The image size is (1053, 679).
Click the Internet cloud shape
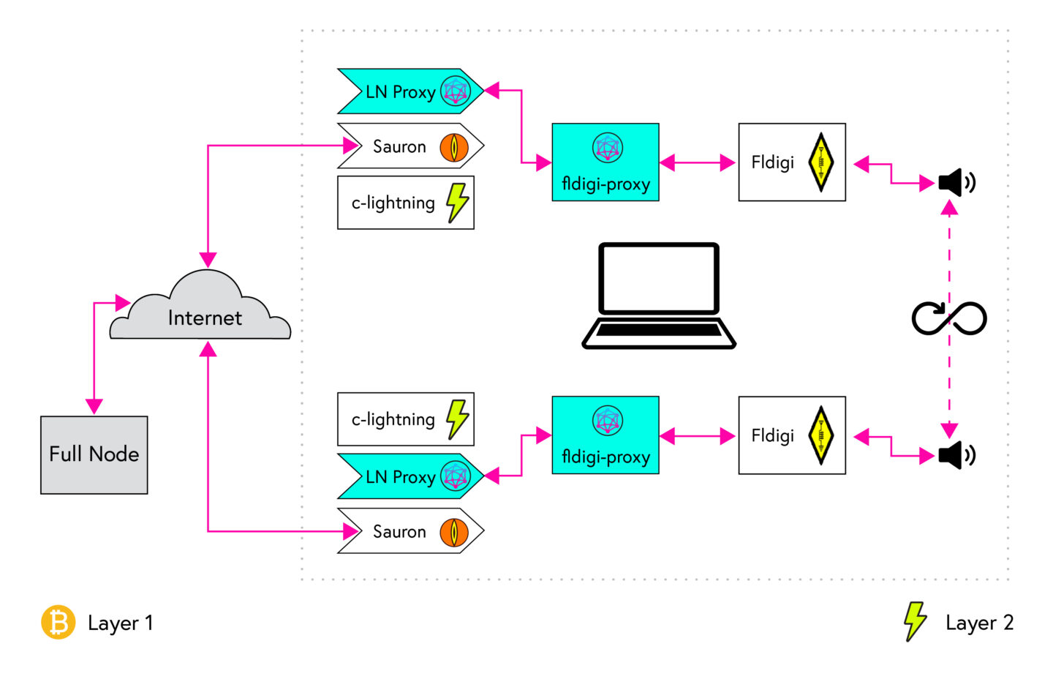coord(200,311)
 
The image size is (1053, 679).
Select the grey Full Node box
coord(94,454)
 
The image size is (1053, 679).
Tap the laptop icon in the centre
coord(659,296)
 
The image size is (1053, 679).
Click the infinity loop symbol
coord(949,318)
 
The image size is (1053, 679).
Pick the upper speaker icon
coord(956,182)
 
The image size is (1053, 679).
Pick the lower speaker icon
coord(956,455)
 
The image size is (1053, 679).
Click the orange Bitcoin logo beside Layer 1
coord(58,623)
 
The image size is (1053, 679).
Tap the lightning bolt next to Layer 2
coord(914,621)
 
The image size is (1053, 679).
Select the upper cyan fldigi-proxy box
coord(605,162)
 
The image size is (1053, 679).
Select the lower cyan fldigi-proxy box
coord(605,435)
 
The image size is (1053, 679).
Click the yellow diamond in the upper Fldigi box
coord(821,162)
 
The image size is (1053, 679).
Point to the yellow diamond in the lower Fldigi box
coord(821,435)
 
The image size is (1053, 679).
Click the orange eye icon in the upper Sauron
coord(454,147)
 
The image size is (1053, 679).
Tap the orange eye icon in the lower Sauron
coord(454,532)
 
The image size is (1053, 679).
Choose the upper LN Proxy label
coord(400,92)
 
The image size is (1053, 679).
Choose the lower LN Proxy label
coord(400,477)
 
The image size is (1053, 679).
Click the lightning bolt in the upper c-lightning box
coord(457,202)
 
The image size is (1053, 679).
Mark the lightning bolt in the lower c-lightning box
coord(457,419)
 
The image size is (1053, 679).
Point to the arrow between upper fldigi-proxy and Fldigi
coord(698,162)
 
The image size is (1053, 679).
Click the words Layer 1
coord(120,623)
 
